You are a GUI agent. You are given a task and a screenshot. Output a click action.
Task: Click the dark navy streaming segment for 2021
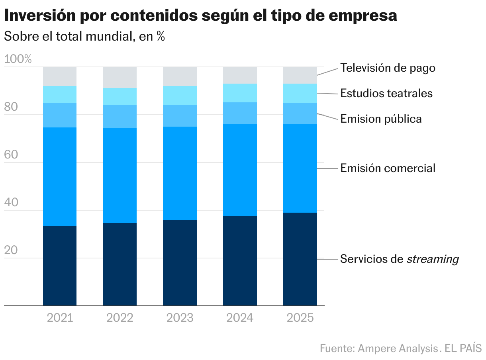click(60, 266)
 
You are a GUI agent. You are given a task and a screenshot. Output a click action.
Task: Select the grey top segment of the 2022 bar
click(120, 77)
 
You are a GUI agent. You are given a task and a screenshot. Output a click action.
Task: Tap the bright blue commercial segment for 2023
click(180, 173)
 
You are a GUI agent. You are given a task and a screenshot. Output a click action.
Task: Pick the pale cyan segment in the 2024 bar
click(240, 93)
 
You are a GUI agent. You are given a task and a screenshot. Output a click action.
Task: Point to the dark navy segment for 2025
click(300, 259)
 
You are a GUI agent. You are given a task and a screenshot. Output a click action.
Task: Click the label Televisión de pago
click(388, 68)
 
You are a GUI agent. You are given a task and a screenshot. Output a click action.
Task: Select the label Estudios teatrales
click(386, 94)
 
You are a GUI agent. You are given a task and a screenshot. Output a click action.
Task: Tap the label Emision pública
click(380, 119)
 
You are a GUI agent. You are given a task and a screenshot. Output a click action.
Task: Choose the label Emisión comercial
click(388, 168)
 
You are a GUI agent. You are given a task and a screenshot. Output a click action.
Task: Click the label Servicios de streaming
click(399, 259)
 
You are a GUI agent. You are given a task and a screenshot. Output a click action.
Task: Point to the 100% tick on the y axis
click(18, 59)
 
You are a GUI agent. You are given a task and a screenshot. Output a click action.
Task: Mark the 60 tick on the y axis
click(12, 155)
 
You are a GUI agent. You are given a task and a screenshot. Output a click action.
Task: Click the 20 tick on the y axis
click(12, 250)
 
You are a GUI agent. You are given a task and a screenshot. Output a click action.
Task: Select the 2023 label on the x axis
click(180, 318)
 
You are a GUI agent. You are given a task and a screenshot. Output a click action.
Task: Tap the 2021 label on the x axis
click(60, 318)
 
